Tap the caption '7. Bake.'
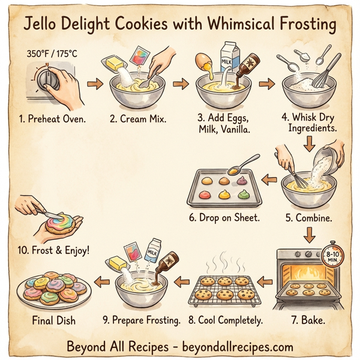click(307, 321)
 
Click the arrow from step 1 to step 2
click(94, 84)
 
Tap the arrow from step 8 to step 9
click(178, 281)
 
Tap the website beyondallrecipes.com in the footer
click(237, 346)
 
